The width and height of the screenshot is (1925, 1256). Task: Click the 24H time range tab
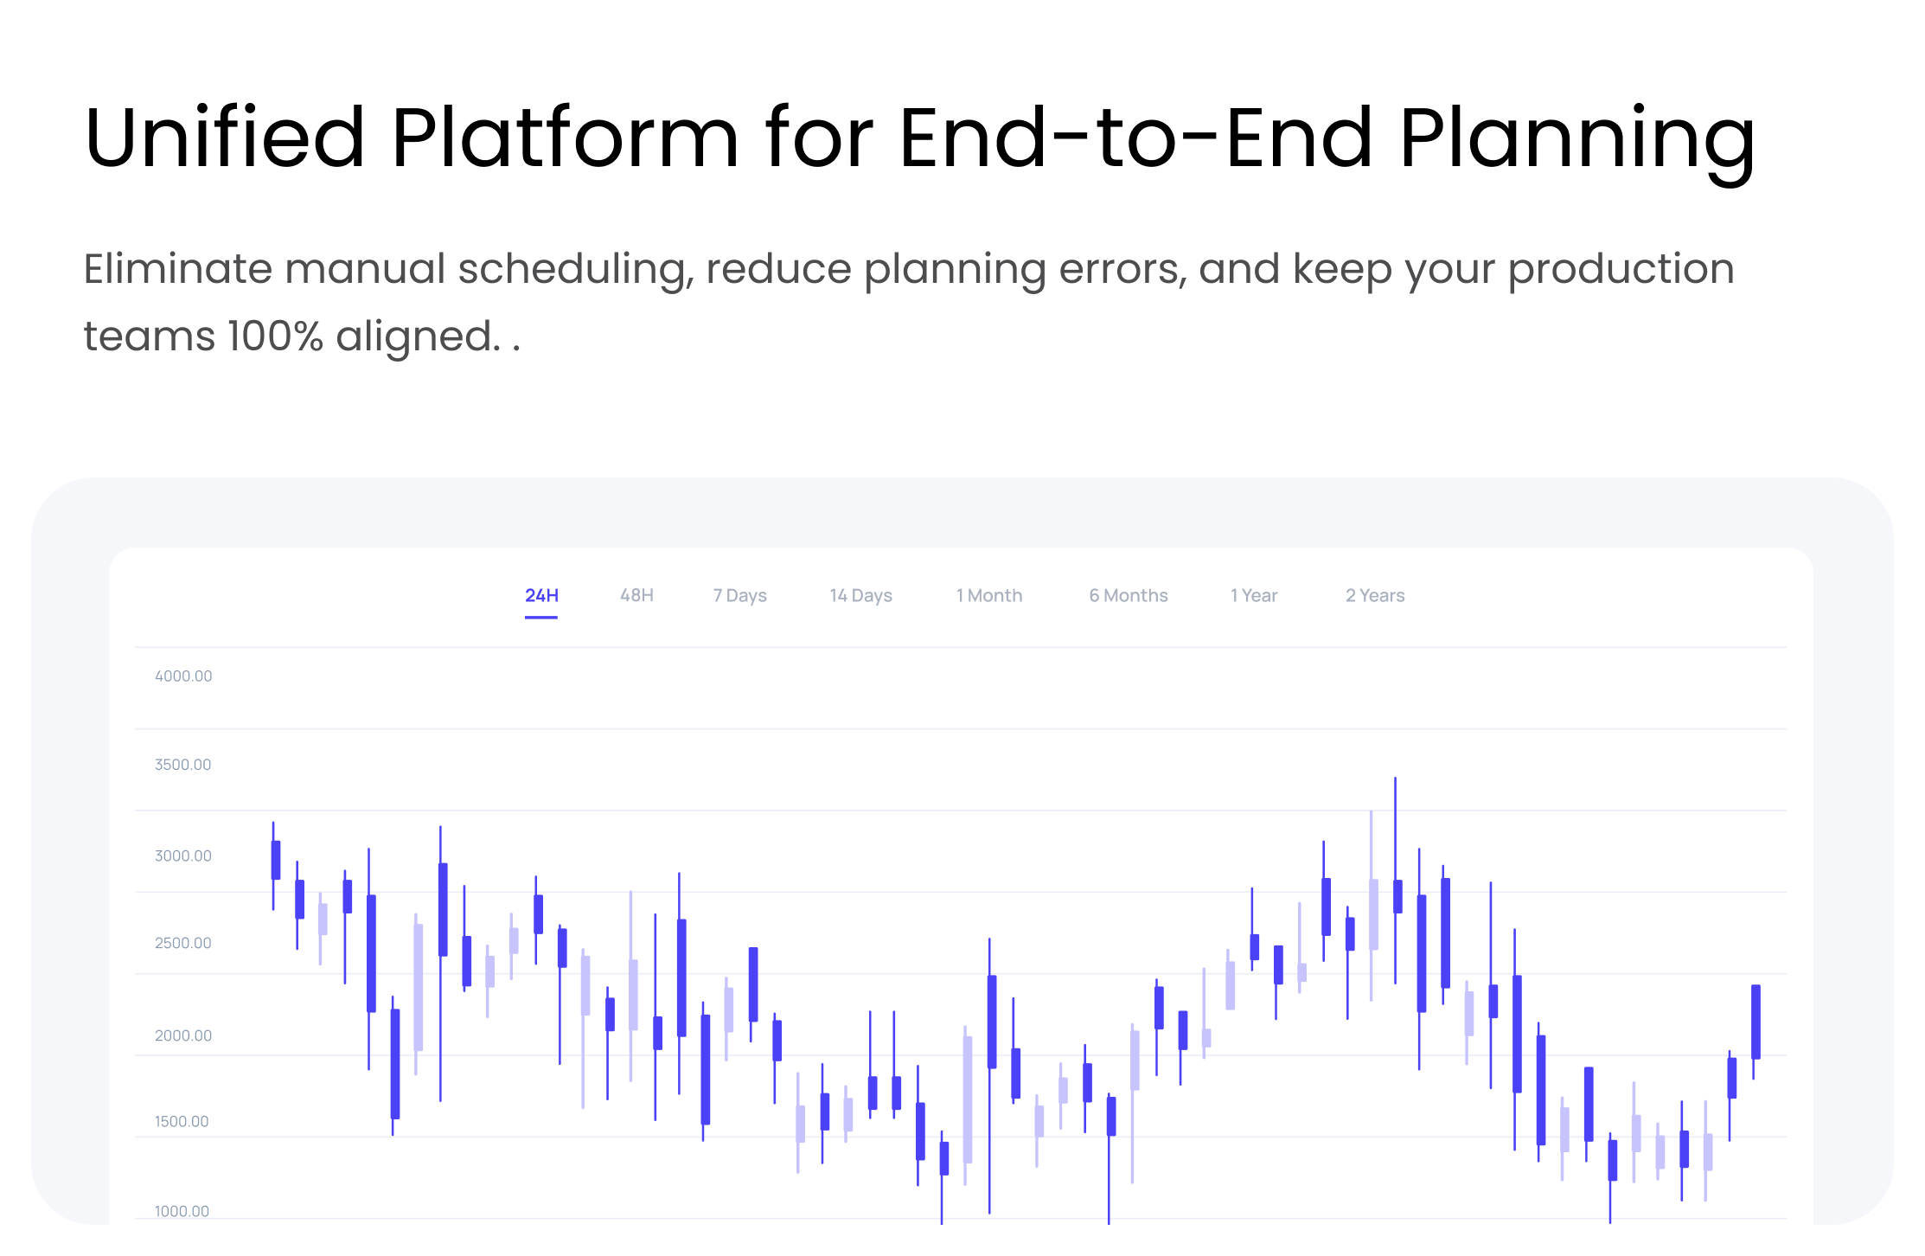click(x=541, y=595)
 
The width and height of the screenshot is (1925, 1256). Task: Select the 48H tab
click(x=636, y=595)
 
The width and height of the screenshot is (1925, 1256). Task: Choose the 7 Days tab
click(x=739, y=595)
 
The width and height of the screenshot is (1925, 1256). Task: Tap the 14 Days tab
click(x=860, y=595)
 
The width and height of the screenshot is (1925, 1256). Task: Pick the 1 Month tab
click(x=989, y=595)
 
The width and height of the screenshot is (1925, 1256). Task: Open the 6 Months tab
click(x=1129, y=595)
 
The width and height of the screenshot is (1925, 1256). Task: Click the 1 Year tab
click(x=1254, y=595)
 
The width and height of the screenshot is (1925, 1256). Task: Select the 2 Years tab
click(x=1375, y=595)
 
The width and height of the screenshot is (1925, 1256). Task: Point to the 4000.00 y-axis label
click(x=183, y=676)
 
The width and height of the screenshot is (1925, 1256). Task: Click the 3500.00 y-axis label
click(x=182, y=765)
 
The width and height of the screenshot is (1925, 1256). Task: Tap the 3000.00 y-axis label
click(x=182, y=855)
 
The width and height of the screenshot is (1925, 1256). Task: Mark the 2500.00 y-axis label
click(x=182, y=943)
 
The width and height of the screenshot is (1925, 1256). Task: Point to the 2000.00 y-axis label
click(x=182, y=1035)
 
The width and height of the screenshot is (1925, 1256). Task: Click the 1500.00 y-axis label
click(x=182, y=1121)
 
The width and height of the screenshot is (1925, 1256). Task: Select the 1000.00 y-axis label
click(x=182, y=1211)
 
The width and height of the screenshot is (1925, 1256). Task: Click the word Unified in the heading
click(x=225, y=137)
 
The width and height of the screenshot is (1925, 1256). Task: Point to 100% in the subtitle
click(x=275, y=336)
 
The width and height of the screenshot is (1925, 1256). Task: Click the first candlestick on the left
click(x=275, y=865)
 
